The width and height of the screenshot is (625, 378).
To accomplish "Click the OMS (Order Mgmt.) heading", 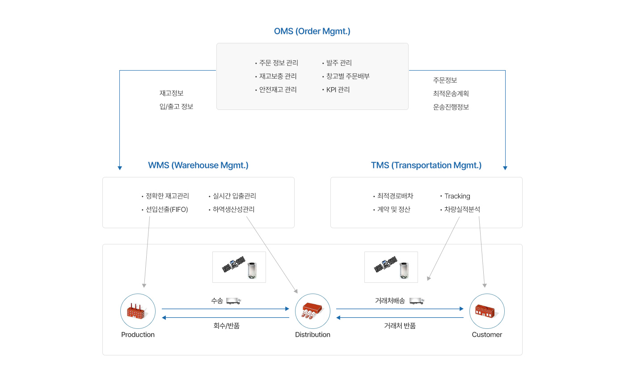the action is pyautogui.click(x=312, y=31).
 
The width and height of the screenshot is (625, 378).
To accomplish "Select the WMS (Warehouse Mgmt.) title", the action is pyautogui.click(x=198, y=165).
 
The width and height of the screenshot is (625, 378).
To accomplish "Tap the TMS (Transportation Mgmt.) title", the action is pyautogui.click(x=426, y=165).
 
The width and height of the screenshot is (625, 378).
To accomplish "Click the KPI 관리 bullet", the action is pyautogui.click(x=336, y=90).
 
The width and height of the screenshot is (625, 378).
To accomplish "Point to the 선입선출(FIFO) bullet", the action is pyautogui.click(x=165, y=210).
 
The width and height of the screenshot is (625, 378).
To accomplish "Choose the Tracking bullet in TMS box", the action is pyautogui.click(x=455, y=196).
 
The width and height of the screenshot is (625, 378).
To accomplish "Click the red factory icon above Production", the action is pyautogui.click(x=136, y=311).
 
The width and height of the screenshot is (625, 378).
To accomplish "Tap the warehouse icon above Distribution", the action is pyautogui.click(x=312, y=311).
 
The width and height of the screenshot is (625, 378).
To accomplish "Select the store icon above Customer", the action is pyautogui.click(x=485, y=311).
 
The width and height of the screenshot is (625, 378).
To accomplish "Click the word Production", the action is pyautogui.click(x=138, y=335).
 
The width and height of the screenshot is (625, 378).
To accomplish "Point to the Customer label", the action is pyautogui.click(x=487, y=335).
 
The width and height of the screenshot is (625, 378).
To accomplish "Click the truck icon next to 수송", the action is pyautogui.click(x=233, y=301).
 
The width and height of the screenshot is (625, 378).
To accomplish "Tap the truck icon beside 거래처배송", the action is pyautogui.click(x=417, y=301).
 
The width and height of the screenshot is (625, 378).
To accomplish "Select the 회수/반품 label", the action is pyautogui.click(x=227, y=326).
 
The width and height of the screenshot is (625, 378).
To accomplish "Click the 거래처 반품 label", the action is pyautogui.click(x=400, y=326).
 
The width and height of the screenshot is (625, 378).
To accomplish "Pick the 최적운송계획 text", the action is pyautogui.click(x=451, y=94).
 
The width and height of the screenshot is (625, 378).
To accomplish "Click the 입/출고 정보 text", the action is pyautogui.click(x=176, y=107).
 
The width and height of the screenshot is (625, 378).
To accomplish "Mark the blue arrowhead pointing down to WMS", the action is pyautogui.click(x=120, y=168).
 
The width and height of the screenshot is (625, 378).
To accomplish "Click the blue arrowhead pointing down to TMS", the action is pyautogui.click(x=505, y=168).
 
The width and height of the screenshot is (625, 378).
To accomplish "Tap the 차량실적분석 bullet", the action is pyautogui.click(x=460, y=210).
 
